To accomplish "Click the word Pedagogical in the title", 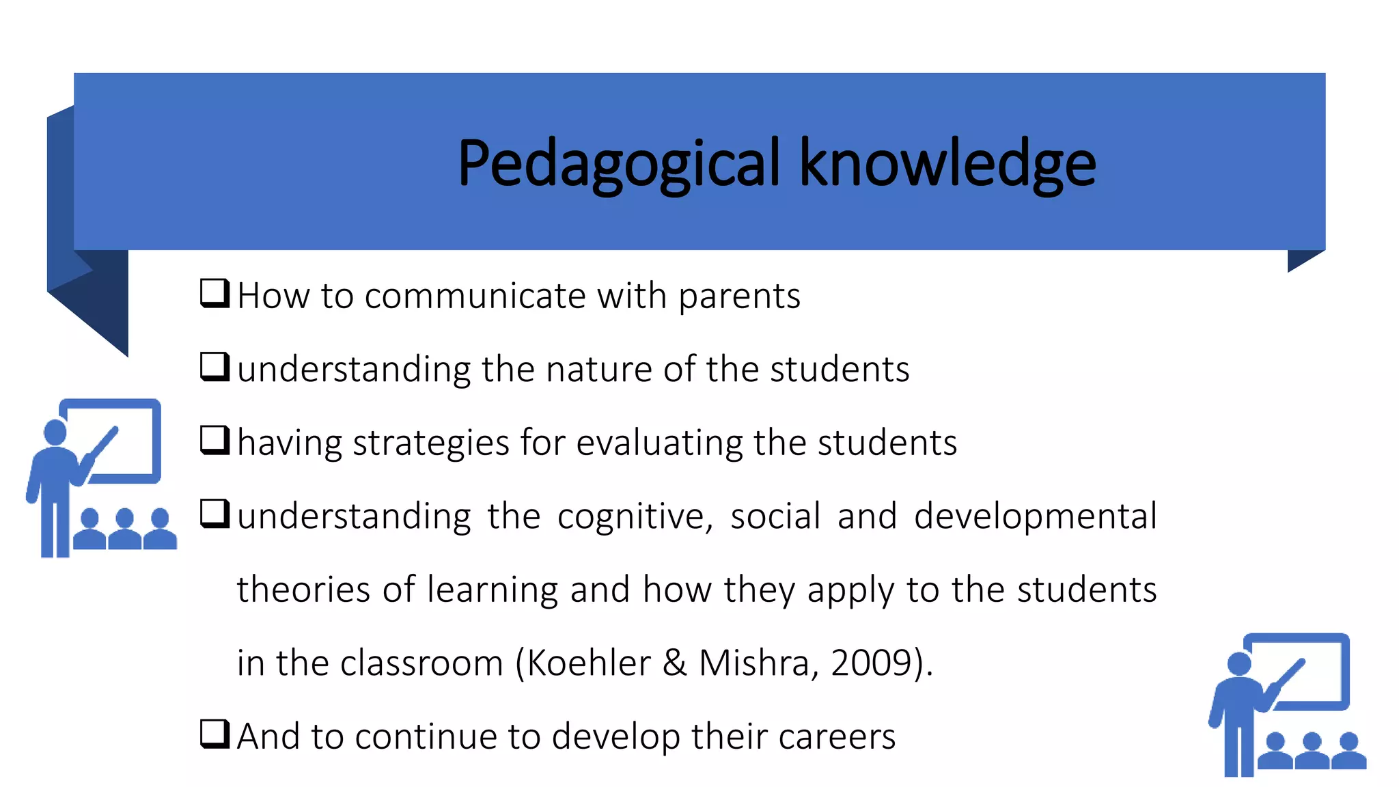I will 618,163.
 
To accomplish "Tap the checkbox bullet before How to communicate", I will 214,293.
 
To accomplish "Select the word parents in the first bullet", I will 739,297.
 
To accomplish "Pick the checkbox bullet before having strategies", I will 214,440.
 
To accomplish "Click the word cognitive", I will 635,516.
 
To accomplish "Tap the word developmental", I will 1035,516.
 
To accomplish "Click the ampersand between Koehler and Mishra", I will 674,663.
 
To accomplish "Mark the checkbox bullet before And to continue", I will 214,734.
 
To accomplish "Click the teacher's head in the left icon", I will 55,432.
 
